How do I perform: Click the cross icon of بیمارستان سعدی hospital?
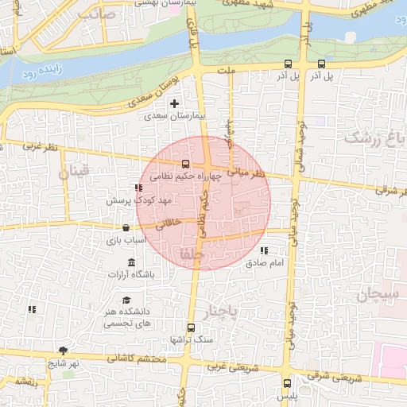point(175,103)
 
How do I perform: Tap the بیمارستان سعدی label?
point(175,116)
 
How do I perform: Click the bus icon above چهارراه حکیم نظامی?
point(186,164)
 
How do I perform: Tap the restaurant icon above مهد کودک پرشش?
point(138,188)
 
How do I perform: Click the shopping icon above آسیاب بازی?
point(127,228)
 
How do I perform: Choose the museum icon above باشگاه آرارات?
point(131,263)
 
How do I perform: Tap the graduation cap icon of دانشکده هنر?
point(126,300)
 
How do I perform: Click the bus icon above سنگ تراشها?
point(190,328)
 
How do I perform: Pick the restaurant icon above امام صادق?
point(264,251)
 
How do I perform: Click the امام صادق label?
point(264,263)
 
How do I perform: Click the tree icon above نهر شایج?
point(64,351)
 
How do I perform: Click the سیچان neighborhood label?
point(376,296)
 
